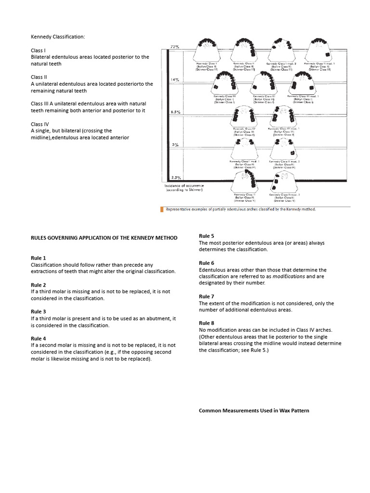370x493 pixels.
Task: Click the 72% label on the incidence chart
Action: click(175, 47)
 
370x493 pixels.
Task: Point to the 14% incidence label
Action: click(175, 79)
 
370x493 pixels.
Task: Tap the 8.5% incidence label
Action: click(175, 112)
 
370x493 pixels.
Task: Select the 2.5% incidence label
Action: click(175, 178)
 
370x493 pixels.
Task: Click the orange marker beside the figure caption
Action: click(162, 209)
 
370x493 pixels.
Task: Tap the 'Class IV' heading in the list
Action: click(40, 124)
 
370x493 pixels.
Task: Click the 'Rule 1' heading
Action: click(39, 258)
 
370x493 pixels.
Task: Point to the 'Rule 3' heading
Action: click(39, 311)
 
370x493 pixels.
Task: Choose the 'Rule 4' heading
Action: click(39, 338)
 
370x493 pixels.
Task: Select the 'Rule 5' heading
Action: click(207, 236)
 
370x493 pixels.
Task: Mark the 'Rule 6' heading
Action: click(207, 263)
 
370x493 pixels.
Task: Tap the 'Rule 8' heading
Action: click(207, 323)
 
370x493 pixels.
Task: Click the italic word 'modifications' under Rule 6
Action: click(289, 277)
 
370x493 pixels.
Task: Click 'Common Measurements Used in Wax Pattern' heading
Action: click(254, 411)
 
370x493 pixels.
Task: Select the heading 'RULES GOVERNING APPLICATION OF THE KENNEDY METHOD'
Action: click(104, 238)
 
